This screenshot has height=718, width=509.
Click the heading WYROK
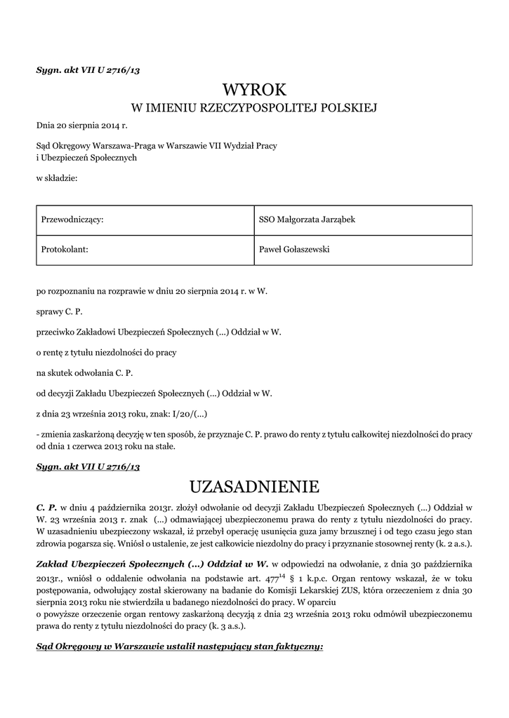coord(254,90)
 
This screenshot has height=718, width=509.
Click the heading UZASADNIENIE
coord(254,486)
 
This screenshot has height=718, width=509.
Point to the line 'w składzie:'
coord(57,179)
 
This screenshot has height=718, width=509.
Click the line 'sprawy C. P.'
coord(59,310)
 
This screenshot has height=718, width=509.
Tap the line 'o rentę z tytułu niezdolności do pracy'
coord(106,351)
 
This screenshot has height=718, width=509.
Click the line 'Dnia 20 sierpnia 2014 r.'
coord(81,126)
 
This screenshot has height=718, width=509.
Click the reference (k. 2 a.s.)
coord(449,544)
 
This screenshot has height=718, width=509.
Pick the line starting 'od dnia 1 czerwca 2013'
coord(106,446)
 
